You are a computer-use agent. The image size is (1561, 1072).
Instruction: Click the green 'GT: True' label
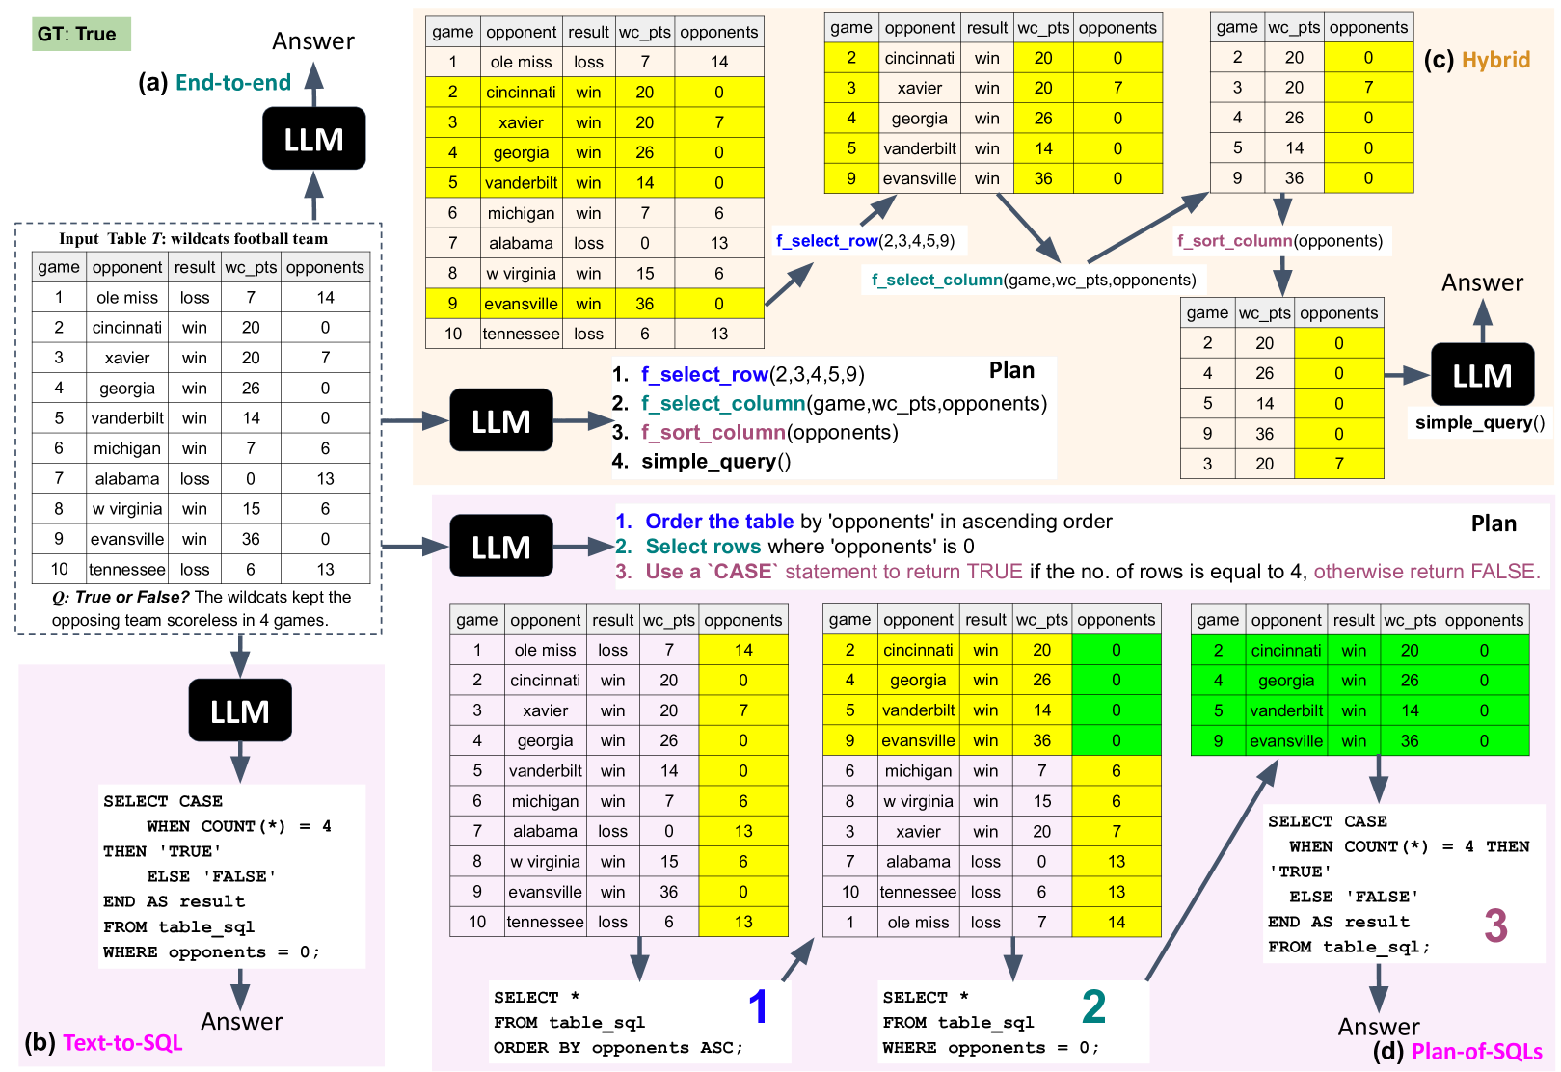77,35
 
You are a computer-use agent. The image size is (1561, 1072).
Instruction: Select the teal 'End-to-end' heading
232,83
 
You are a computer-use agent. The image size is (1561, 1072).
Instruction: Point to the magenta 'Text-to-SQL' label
122,1043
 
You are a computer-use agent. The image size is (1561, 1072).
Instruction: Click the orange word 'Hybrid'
1495,60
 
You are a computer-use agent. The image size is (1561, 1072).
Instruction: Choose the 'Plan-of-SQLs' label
1476,1052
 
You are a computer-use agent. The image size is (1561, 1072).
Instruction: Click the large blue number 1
759,1006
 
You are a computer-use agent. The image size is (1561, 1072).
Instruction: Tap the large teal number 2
1093,1006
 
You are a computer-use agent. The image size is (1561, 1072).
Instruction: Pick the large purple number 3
1495,925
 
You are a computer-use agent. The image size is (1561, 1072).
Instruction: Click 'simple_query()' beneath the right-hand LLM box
1479,422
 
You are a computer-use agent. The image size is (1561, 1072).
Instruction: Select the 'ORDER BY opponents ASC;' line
618,1048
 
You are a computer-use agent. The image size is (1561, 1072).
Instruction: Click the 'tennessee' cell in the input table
127,570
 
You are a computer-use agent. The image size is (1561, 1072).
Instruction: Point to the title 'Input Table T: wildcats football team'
194,239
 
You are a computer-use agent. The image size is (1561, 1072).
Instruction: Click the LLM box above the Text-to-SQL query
240,711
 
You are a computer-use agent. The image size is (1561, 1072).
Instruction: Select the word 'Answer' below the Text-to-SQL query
241,1022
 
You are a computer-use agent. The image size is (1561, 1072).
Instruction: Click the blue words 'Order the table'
719,522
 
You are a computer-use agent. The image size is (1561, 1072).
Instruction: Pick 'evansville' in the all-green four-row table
1286,741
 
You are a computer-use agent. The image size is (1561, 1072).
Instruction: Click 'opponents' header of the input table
325,267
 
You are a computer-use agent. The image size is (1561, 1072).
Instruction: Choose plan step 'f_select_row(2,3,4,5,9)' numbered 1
752,375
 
